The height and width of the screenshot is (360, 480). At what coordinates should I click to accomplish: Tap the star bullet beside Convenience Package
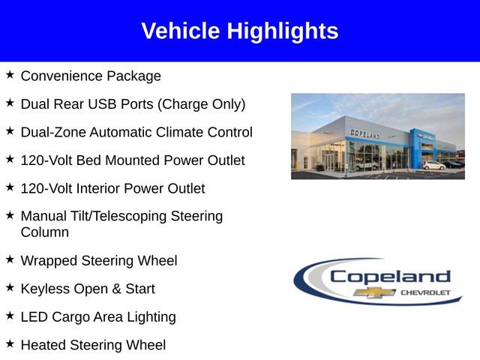click(10, 75)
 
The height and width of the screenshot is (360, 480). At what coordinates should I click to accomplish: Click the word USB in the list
click(112, 104)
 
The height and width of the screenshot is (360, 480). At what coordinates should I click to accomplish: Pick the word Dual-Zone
click(53, 132)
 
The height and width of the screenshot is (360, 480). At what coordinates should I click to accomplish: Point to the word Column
click(45, 232)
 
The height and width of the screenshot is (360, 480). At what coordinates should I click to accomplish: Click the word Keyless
click(44, 289)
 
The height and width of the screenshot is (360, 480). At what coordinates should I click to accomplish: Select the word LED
click(34, 316)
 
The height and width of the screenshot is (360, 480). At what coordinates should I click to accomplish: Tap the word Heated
click(43, 345)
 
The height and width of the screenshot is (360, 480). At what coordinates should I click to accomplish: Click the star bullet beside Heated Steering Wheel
click(10, 343)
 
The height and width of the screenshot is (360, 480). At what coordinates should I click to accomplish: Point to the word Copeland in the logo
click(390, 276)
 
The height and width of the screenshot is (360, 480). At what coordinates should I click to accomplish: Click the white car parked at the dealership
click(433, 164)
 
